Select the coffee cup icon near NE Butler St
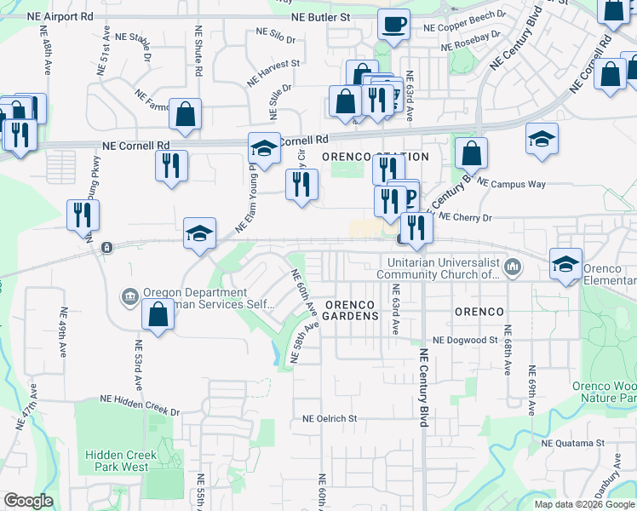click(393, 25)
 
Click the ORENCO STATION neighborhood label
click(375, 158)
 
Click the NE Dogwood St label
click(464, 340)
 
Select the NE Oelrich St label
click(330, 419)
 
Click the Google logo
click(28, 501)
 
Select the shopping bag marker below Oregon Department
click(158, 314)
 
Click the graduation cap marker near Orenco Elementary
click(565, 263)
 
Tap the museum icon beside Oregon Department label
click(129, 296)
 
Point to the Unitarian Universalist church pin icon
click(512, 268)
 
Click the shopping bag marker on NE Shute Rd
click(186, 113)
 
